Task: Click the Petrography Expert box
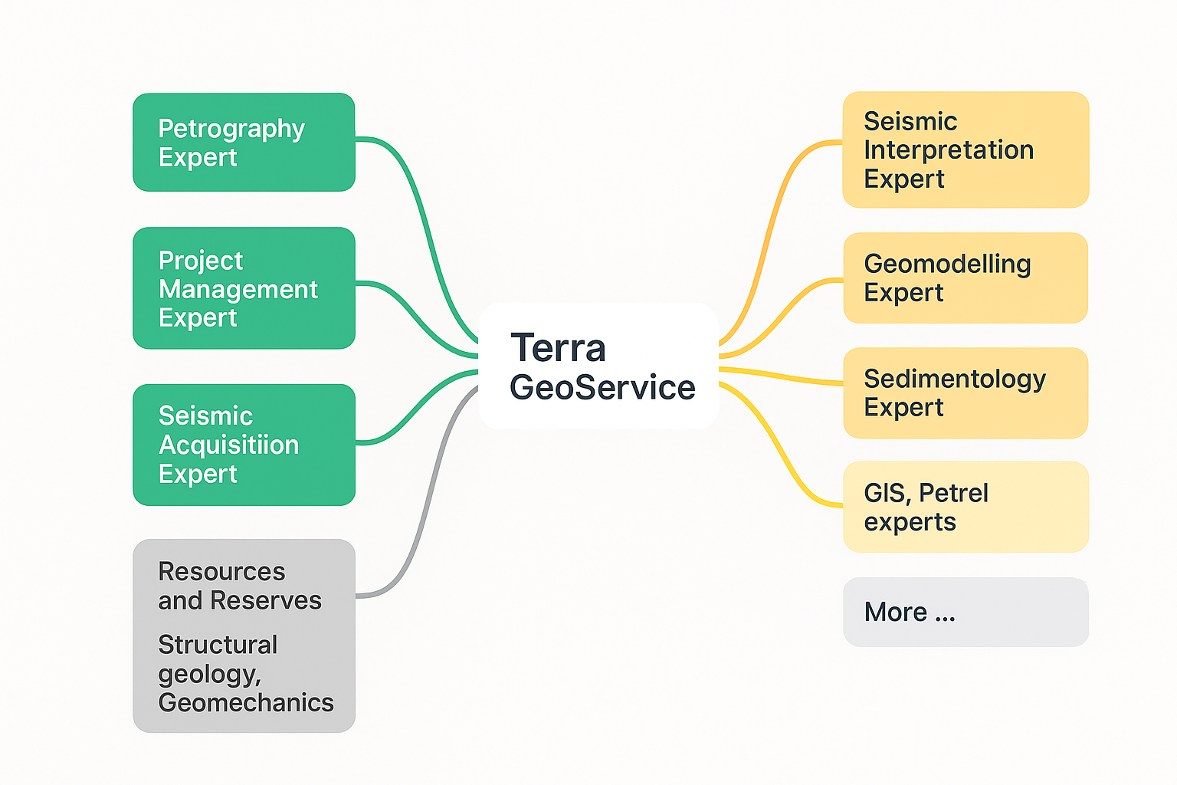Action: coord(244,143)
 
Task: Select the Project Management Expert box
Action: coord(244,288)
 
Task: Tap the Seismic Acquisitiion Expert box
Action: coord(244,445)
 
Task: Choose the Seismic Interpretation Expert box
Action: coord(966,150)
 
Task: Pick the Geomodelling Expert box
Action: coord(966,278)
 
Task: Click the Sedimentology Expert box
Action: coord(966,392)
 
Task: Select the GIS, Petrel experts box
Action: coord(966,507)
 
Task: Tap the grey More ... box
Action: coord(966,612)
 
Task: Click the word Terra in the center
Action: coord(558,348)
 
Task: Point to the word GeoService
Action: coord(602,387)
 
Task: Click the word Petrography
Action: coord(231,129)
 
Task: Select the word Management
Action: coord(238,289)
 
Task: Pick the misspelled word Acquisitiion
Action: coord(228,445)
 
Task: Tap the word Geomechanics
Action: coord(245,702)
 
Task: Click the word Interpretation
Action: coord(949,149)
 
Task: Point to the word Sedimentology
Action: coord(955,379)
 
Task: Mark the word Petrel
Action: coord(953,493)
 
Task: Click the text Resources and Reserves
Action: coord(239,586)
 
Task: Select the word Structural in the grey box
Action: coord(218,645)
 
